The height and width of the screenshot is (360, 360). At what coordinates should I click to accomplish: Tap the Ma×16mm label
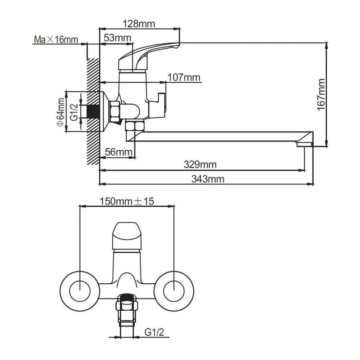pos(56,39)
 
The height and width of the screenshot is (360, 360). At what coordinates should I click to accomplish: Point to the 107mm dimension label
pos(184,77)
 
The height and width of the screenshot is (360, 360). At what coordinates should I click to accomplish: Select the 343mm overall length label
pos(208,179)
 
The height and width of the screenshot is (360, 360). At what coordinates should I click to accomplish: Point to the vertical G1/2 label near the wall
pos(74,112)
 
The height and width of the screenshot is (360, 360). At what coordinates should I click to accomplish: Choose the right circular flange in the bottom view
pos(174,290)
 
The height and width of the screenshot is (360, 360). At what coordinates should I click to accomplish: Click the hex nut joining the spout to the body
pos(134,127)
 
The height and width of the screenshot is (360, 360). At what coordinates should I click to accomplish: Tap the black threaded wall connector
pos(94,111)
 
